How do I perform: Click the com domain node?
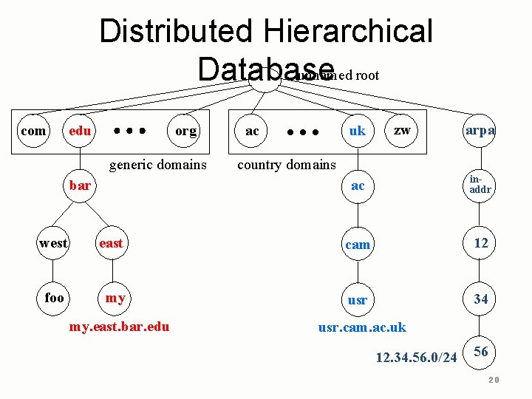tap(33, 131)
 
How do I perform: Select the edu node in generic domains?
tap(80, 131)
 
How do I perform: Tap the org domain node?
tap(185, 131)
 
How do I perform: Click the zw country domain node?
tap(402, 130)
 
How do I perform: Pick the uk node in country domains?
tap(358, 131)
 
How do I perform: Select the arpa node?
tap(480, 130)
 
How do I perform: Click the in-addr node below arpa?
tap(480, 185)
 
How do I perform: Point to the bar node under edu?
tap(80, 185)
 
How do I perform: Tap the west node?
tap(53, 243)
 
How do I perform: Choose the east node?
tap(111, 243)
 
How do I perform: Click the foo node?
tap(54, 298)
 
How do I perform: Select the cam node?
tap(358, 244)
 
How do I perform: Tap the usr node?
tap(358, 300)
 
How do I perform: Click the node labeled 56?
tap(480, 352)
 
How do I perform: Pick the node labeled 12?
tap(480, 243)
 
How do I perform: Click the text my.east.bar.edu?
tap(118, 327)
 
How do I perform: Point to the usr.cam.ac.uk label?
tap(362, 327)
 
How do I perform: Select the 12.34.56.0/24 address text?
tap(417, 358)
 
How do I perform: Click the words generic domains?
tap(158, 164)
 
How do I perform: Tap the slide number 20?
tap(494, 379)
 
